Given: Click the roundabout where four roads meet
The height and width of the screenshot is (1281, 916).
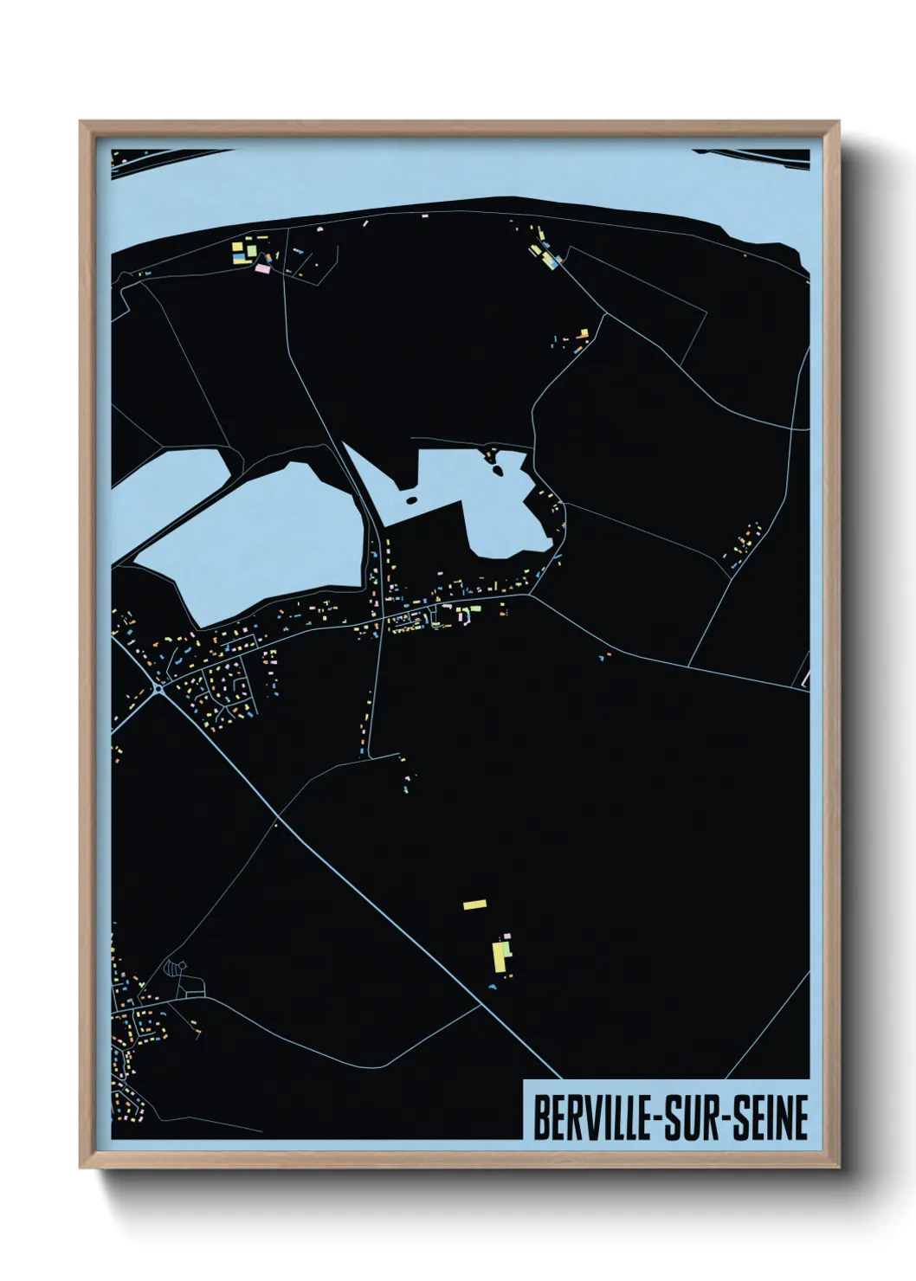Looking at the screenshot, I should [x=159, y=690].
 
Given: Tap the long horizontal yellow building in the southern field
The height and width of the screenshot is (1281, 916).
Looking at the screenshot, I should [x=475, y=904].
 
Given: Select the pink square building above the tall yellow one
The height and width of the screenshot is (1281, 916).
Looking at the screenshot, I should [x=507, y=936].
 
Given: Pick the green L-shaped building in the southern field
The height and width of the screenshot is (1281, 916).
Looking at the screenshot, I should [x=508, y=950].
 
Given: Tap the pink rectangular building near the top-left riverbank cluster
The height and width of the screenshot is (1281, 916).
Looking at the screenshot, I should [x=263, y=269].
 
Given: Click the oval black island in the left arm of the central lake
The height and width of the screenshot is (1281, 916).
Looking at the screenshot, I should [x=411, y=499].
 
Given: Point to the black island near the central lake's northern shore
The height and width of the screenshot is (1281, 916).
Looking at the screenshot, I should [x=499, y=471].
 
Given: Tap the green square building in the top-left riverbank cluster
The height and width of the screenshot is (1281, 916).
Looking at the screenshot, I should [x=251, y=250].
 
